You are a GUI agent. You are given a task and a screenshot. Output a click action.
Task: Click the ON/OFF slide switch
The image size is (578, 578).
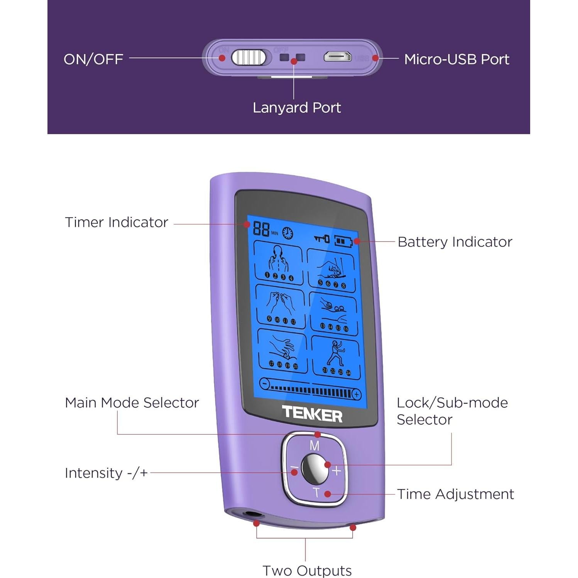249,58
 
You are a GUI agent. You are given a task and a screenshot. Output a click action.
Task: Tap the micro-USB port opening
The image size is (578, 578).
338,57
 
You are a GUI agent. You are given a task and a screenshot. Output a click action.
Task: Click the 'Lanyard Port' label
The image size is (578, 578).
297,108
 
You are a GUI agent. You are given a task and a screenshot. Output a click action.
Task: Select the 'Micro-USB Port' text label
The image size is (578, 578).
456,59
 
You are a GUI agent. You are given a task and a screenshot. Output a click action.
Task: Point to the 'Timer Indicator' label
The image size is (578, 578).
117,222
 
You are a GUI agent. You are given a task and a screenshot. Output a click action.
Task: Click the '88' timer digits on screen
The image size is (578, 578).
261,229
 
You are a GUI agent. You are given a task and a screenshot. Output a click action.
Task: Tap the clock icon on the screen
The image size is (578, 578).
287,233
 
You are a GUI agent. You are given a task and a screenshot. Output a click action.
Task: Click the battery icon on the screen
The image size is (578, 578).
343,241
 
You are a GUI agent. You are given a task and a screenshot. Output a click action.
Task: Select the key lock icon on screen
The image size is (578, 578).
321,239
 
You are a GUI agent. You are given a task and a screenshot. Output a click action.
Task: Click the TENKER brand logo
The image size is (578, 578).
312,414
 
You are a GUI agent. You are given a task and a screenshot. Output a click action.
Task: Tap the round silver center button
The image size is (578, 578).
314,469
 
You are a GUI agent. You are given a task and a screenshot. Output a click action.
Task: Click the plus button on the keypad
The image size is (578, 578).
337,471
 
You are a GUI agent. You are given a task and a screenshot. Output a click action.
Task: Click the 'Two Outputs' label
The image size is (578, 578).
307,570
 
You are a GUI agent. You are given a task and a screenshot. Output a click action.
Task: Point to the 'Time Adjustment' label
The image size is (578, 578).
455,494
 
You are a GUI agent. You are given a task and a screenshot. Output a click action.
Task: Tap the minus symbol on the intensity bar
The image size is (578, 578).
264,384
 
